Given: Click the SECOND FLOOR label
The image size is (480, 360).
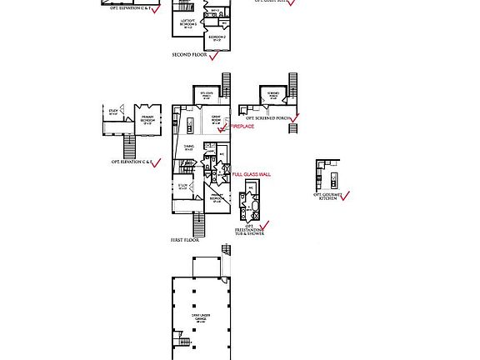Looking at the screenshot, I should tap(189, 55).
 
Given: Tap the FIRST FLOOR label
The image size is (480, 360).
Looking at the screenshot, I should tap(185, 240).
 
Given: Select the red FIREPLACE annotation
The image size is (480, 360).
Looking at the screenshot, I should tap(242, 127).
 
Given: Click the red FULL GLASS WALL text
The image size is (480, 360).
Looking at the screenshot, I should tap(251, 175).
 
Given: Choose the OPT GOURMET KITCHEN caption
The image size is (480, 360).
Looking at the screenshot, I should tap(327, 197).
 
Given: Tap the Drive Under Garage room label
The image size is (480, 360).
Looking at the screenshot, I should tap(201, 317).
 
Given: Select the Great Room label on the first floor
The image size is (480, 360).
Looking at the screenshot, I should tap(216, 119).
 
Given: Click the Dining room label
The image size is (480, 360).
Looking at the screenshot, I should tap(188, 148).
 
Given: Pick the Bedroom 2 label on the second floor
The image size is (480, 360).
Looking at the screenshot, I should tap(216, 38).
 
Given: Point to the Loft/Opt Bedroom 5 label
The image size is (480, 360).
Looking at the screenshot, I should tap(188, 24).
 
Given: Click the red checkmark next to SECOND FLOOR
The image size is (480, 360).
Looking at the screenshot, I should tap(214, 56).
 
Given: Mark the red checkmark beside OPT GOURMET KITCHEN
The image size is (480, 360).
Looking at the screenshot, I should tap(345, 196).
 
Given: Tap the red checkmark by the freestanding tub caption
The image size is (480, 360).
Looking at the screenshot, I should tap(265, 226).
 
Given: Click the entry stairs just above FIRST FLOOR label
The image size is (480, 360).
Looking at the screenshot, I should tap(198, 224).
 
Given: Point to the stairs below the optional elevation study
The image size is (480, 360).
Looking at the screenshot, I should tap(129, 147).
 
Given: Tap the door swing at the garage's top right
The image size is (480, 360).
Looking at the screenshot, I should tap(226, 249).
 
